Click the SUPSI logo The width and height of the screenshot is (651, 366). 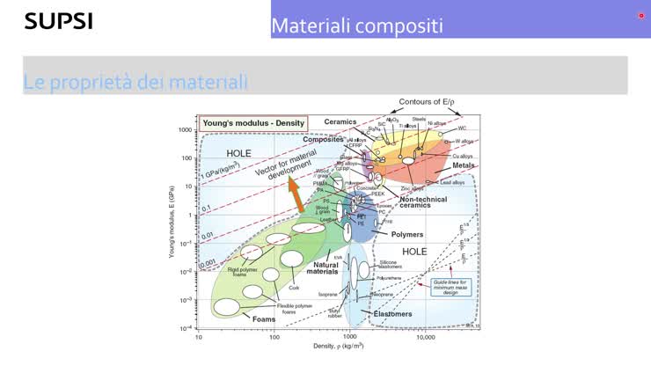point(58,20)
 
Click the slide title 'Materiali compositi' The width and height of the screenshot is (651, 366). point(356,26)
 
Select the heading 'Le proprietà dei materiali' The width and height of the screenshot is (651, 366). point(135,83)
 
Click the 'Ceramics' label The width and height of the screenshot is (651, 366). point(340,121)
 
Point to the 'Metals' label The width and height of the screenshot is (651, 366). point(463,165)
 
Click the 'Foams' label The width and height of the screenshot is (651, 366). point(263,318)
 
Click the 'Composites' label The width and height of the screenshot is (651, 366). point(323,139)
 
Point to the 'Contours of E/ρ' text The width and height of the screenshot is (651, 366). point(427,102)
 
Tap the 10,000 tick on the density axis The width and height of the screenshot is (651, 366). point(425,336)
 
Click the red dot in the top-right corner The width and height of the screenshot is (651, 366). point(641,16)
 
